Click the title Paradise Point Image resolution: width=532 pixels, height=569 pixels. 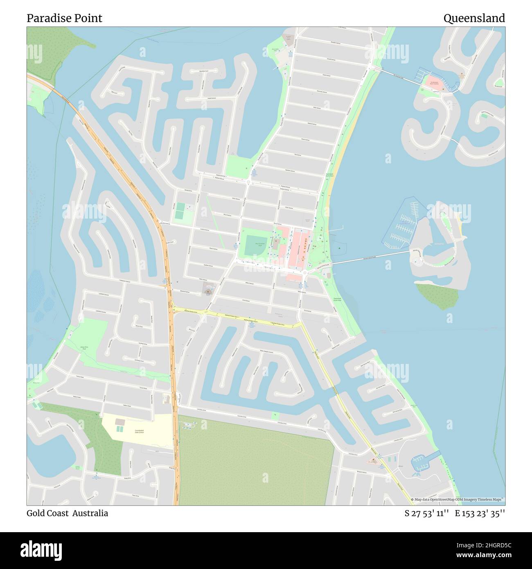[64, 18]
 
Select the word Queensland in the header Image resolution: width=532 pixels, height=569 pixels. [474, 18]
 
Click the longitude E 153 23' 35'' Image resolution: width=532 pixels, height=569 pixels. [480, 513]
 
